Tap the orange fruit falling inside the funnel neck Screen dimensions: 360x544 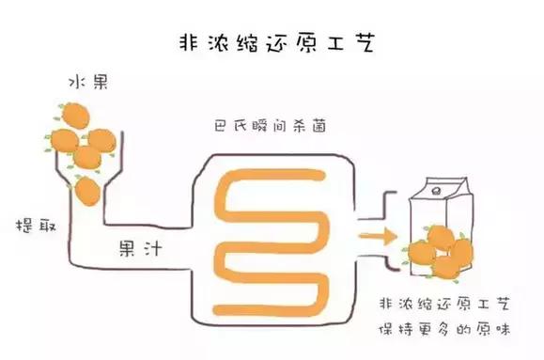(87, 191)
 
